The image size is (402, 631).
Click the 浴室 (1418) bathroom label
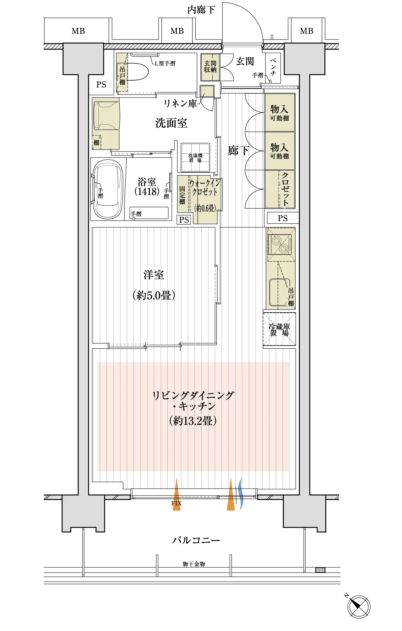coord(147,187)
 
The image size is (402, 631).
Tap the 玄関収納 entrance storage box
coord(210,67)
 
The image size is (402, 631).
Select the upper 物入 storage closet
coord(280,113)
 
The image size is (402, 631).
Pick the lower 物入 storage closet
coord(280,151)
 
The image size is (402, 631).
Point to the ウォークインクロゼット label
coord(204,188)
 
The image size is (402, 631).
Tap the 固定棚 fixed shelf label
coord(182,195)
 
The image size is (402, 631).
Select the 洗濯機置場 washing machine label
coord(196,158)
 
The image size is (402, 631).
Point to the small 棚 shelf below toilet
coord(96,142)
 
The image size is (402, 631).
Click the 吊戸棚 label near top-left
coord(122,75)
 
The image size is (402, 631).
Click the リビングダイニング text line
coord(193,395)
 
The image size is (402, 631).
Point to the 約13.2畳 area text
coord(193,421)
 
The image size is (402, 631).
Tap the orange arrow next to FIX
coord(177,496)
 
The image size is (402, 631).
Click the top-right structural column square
coord(304,58)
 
